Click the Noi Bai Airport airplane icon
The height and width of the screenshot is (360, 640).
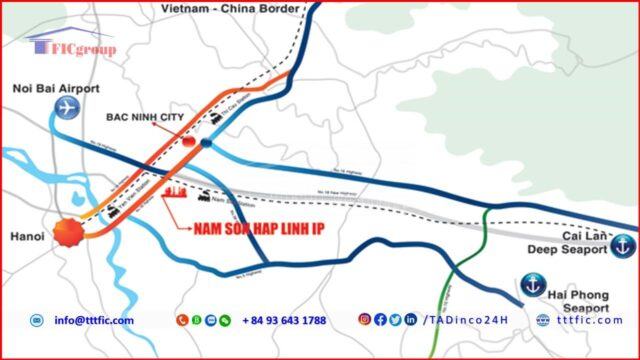66,108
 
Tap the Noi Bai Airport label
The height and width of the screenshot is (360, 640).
55,88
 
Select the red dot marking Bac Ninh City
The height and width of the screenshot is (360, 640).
189,143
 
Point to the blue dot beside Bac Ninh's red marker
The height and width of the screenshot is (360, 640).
206,143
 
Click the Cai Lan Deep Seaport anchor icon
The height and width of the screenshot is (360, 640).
622,243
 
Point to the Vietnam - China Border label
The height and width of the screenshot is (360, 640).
229,8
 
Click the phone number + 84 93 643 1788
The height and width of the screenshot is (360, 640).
283,320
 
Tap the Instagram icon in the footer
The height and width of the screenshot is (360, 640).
365,320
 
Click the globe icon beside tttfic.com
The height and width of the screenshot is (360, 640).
543,320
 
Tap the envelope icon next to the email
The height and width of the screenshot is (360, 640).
37,320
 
